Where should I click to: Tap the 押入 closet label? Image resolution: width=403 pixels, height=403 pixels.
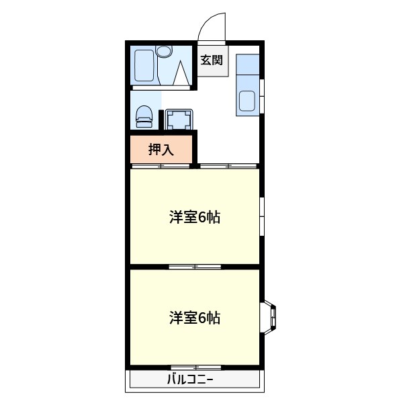161,149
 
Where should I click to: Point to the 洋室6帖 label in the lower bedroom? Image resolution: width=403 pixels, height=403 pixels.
195,317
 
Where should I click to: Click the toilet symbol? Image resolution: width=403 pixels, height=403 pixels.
144,117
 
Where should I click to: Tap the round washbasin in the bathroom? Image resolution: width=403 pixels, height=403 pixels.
164,50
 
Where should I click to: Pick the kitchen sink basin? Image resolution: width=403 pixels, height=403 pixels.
247,101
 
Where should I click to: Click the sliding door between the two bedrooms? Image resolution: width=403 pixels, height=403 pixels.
195,267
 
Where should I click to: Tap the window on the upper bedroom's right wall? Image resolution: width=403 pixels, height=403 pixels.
262,216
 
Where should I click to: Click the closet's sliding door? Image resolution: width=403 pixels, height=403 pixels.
161,165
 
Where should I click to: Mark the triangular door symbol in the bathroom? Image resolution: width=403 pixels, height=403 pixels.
181,73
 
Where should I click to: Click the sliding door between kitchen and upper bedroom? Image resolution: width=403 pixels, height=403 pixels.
228,165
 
